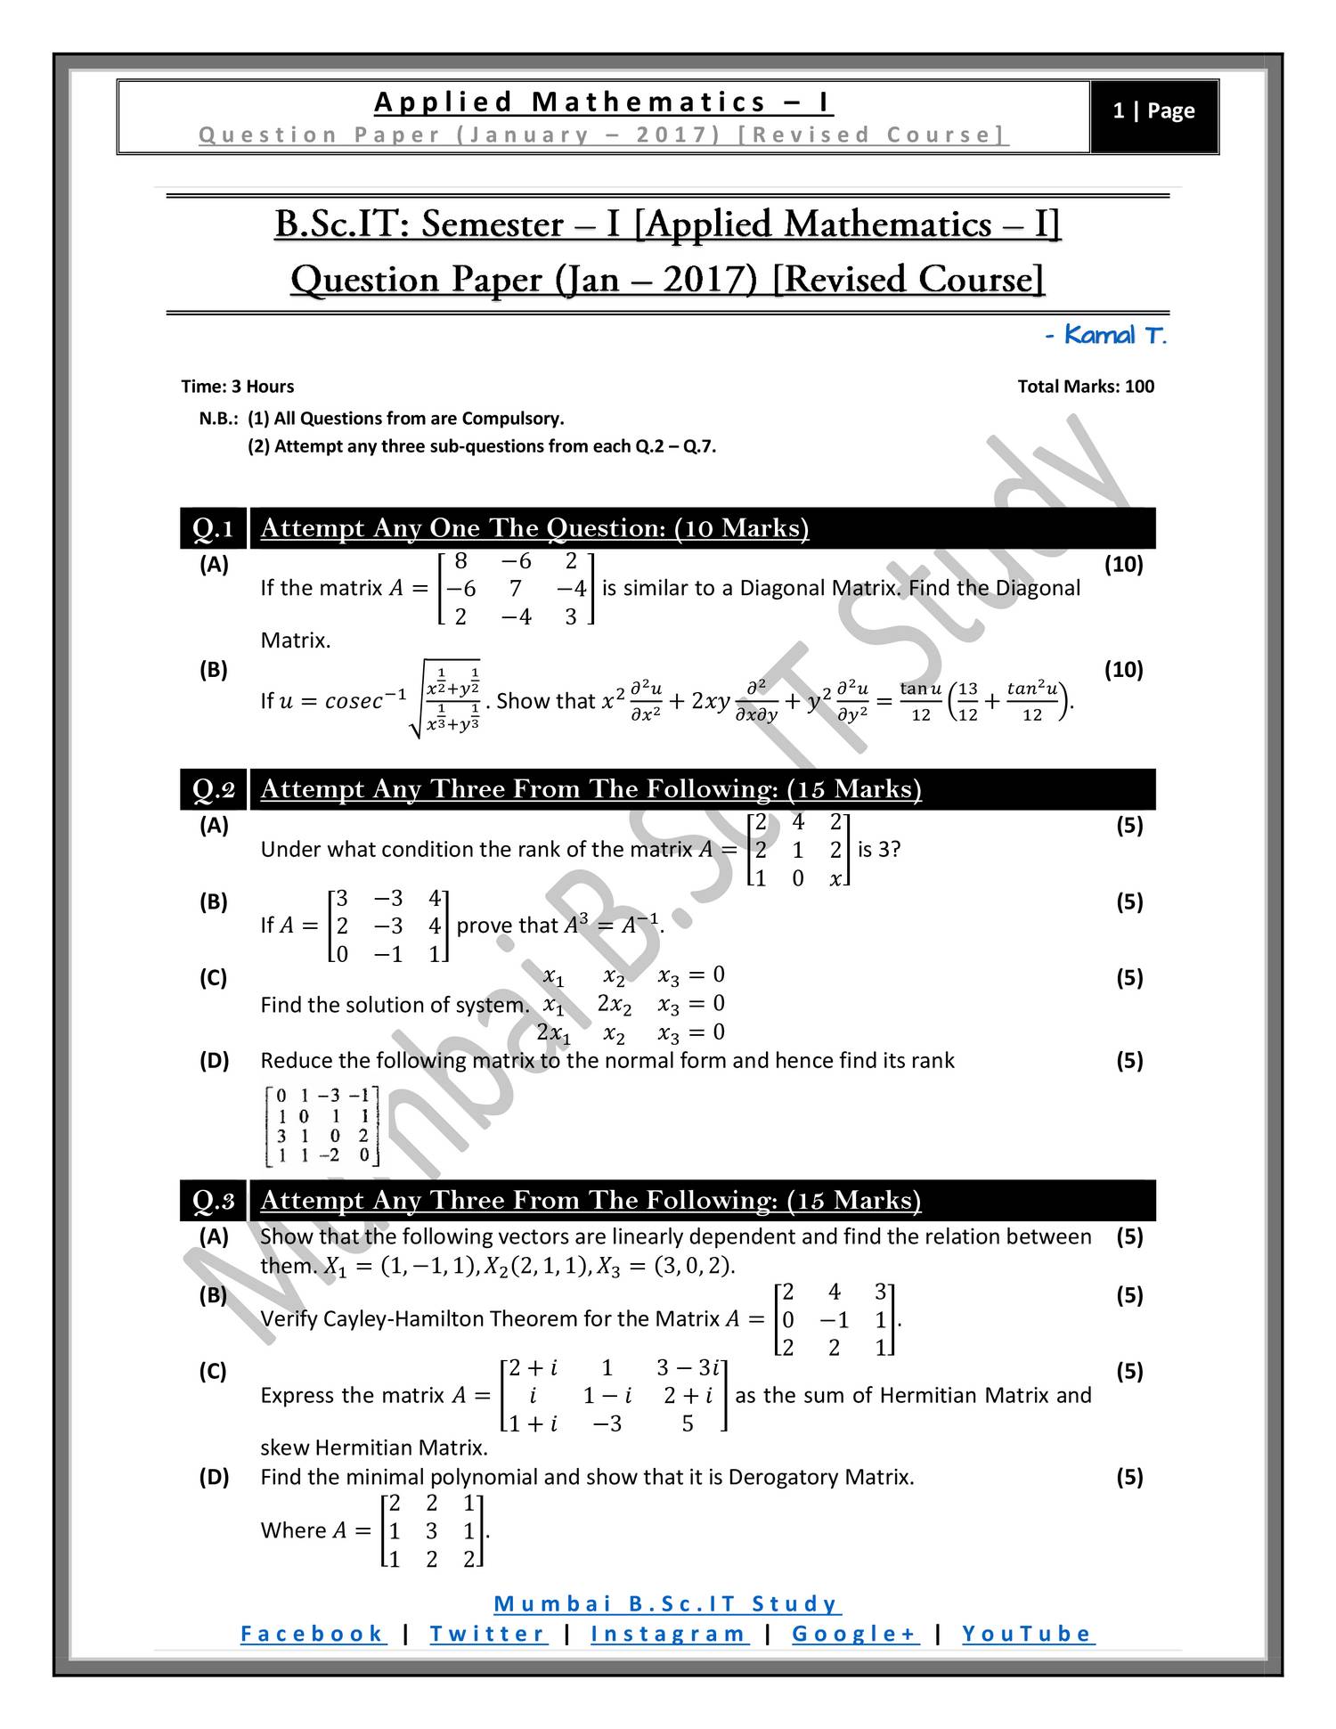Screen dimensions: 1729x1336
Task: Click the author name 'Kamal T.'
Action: (1105, 336)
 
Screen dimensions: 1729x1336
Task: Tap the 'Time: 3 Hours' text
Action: (237, 387)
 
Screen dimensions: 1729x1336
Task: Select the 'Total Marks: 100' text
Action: (1085, 387)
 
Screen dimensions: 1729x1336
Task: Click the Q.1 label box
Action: (214, 528)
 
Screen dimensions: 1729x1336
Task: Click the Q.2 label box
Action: (214, 789)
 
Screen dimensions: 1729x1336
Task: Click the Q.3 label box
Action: (214, 1201)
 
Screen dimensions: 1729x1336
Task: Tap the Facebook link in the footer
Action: (313, 1634)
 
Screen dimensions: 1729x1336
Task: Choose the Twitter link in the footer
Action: (488, 1634)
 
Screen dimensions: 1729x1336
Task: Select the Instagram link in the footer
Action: (669, 1634)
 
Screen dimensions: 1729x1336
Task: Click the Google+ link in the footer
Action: (855, 1634)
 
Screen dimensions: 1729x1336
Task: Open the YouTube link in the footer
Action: (1028, 1634)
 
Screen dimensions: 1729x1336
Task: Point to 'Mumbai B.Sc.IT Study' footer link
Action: (667, 1604)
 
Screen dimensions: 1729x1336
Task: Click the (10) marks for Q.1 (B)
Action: (1123, 670)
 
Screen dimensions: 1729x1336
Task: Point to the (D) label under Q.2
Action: (214, 1061)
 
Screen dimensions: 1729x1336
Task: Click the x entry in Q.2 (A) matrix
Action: (835, 879)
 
